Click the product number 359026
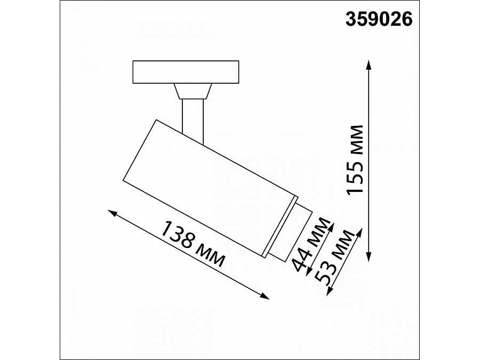tap(379, 19)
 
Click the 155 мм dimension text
tap(355, 160)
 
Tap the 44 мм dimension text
tap(311, 247)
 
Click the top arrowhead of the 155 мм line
tap(369, 63)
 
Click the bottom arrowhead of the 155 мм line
tap(369, 258)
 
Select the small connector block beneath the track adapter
tap(192, 92)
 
